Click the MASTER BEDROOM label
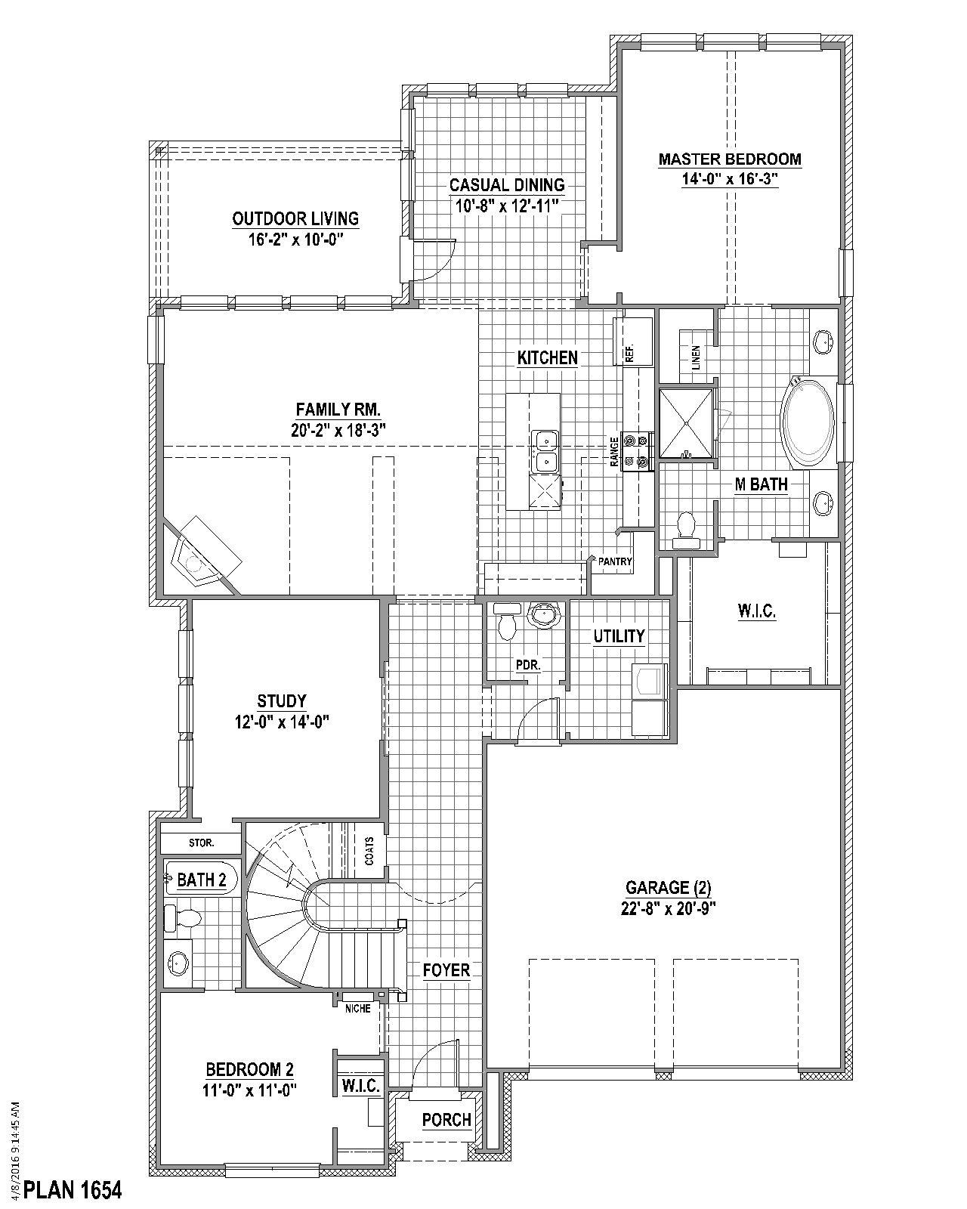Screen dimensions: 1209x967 729,159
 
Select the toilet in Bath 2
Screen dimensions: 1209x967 184,918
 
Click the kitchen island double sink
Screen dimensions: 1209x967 544,450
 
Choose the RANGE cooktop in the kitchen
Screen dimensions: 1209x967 637,451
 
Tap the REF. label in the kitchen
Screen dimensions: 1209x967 629,353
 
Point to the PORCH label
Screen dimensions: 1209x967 446,1119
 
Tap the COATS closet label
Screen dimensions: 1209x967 369,851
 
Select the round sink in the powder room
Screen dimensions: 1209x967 543,615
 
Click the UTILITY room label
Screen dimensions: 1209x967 619,635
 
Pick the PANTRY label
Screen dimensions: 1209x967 615,561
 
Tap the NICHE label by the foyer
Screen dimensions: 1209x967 358,1009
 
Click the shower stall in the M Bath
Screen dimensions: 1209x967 686,424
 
